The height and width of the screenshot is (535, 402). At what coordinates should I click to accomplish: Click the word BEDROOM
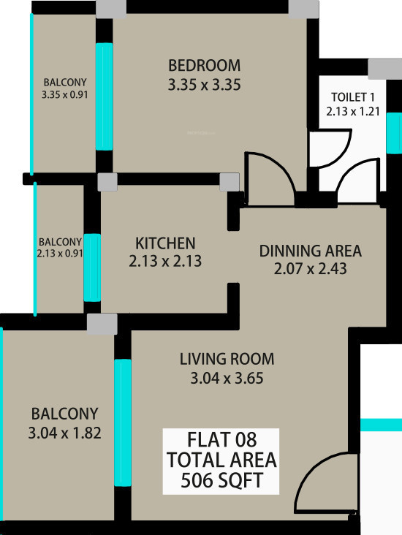coord(204,64)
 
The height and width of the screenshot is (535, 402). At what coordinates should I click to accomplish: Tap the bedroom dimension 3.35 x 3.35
coord(204,85)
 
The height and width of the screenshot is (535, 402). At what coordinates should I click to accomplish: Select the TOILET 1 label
coord(354,97)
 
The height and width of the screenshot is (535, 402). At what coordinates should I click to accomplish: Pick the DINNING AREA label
coord(310,251)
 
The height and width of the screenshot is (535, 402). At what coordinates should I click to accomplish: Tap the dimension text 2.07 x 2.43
coord(310,269)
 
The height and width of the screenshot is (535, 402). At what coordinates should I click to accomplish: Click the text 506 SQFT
coord(221,481)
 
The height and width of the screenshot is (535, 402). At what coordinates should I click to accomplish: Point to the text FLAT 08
coord(221,440)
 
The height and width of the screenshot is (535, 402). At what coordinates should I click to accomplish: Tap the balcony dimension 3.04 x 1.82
coord(64,433)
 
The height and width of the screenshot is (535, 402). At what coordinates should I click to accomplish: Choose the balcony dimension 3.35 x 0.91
coord(65,94)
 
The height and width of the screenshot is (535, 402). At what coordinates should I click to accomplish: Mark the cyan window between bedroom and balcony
coord(105,96)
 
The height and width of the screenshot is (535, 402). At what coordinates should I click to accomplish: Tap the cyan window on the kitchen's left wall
coord(91,267)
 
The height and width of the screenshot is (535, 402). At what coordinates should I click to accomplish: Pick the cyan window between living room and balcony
coord(123,423)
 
